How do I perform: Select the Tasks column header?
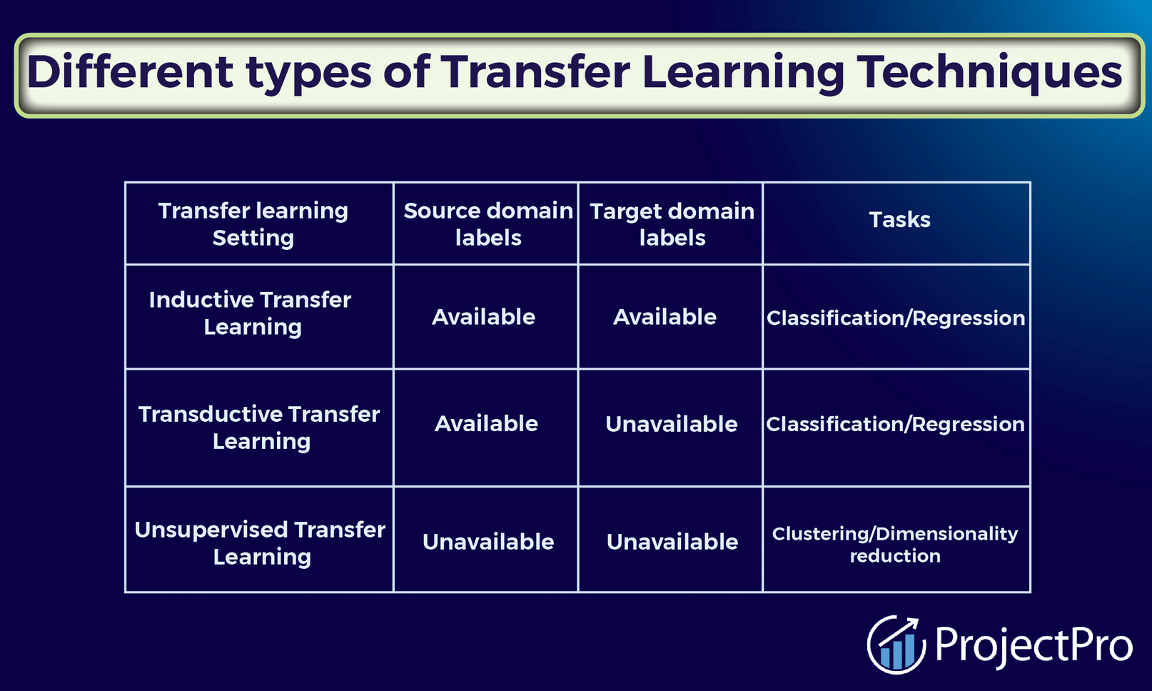coord(899,220)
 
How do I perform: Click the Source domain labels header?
coord(488,224)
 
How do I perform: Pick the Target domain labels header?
coord(672,225)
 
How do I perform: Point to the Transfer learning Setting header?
coord(253,224)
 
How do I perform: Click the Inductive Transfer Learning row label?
coord(251,313)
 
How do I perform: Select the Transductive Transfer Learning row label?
coord(259,428)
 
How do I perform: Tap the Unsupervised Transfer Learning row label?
coord(261,543)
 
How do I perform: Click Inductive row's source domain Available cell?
coord(483,317)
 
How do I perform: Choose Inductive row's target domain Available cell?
coord(665,317)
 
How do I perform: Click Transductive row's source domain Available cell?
coord(487,424)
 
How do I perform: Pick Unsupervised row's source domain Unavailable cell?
coord(489,542)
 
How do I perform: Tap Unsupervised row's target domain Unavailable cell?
coord(672,542)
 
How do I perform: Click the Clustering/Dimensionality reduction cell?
coord(895,545)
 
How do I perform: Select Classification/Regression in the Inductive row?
coord(896,318)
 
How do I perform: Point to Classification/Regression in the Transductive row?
coord(895,425)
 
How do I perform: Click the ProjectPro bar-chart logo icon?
coord(896,644)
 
